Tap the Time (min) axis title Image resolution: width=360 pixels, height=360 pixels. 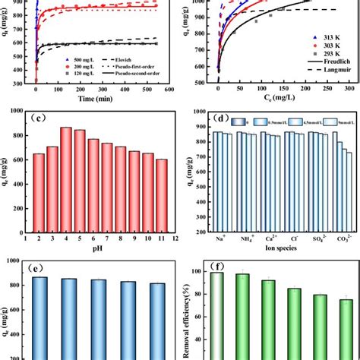point(97,98)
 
